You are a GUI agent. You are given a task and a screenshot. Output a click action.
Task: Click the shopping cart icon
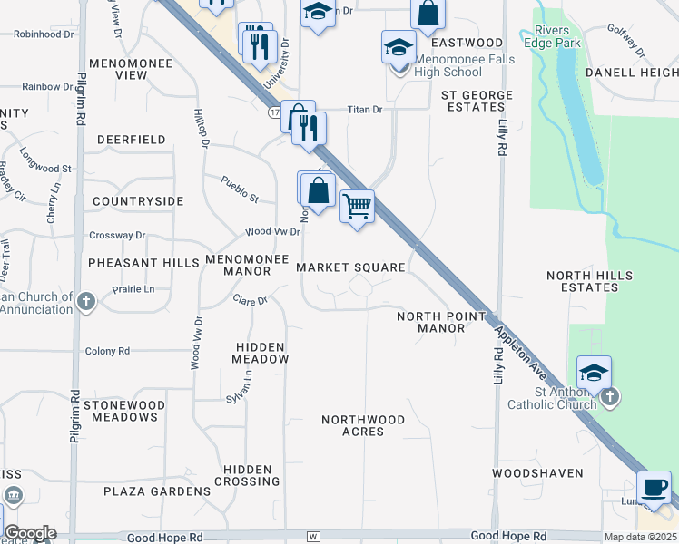(357, 207)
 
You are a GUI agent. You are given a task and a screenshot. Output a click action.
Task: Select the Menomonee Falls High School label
(465, 66)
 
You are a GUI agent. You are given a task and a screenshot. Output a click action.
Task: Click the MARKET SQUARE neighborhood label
(350, 267)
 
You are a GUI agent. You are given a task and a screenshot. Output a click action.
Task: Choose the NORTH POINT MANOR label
(441, 322)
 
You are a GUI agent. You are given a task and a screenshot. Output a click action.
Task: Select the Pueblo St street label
(241, 189)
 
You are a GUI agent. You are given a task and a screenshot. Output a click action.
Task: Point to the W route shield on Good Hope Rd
(313, 537)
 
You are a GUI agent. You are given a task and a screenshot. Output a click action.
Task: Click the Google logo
(30, 533)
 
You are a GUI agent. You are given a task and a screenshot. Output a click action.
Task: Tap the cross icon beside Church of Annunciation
(86, 302)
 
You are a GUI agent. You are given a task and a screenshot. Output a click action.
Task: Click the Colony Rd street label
(107, 351)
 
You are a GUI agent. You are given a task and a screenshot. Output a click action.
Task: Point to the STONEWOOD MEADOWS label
(123, 411)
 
